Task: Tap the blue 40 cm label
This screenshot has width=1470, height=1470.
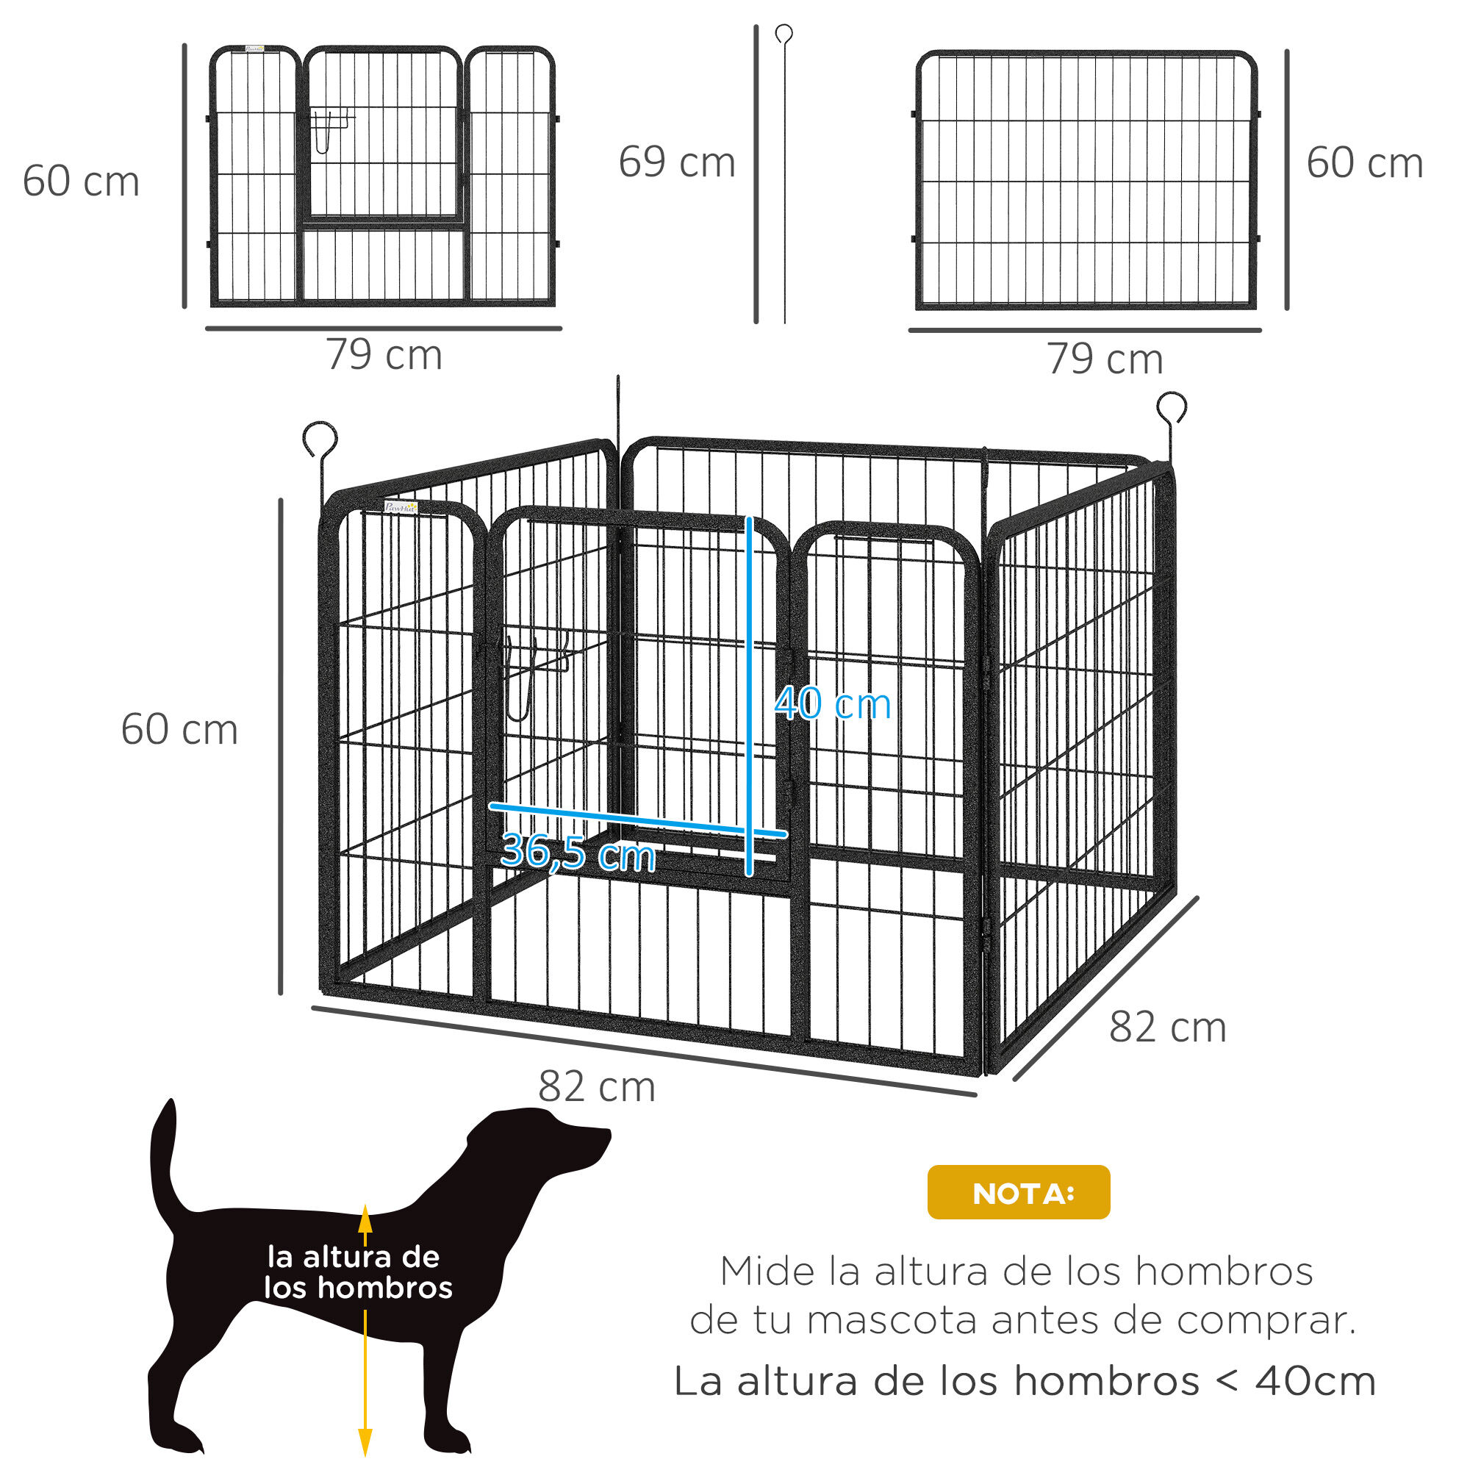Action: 833,704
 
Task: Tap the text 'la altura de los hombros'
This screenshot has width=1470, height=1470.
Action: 358,1272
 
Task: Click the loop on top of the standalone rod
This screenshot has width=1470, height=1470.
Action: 784,34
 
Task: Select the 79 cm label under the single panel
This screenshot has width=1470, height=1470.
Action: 1105,359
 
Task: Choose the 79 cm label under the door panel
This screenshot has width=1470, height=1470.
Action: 384,355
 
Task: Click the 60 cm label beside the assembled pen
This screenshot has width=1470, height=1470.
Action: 179,730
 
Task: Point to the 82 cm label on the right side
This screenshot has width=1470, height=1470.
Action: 1167,1028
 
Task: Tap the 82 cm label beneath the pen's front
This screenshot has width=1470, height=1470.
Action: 597,1086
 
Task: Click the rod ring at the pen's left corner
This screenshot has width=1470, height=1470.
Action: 320,439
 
